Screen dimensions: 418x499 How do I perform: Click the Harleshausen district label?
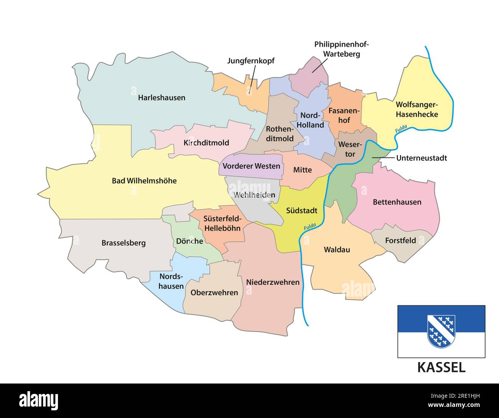click(162, 98)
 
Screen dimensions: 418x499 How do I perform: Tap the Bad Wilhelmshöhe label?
click(144, 180)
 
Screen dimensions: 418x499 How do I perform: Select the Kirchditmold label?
click(206, 143)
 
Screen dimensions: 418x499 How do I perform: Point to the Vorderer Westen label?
click(251, 166)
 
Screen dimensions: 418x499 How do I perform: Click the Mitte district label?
click(302, 170)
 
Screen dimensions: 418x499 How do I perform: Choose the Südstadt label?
click(302, 210)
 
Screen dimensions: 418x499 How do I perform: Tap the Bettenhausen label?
click(397, 202)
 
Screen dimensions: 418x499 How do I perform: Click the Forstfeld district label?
click(400, 241)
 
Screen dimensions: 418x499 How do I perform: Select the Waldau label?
click(337, 250)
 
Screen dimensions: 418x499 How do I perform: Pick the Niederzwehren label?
click(273, 282)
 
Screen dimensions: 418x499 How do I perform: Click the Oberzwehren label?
click(214, 293)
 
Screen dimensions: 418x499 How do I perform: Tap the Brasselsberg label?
click(124, 243)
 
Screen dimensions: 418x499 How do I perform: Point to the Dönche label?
click(190, 241)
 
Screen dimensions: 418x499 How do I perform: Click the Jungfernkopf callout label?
click(251, 61)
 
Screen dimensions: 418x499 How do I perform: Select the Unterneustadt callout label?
click(421, 158)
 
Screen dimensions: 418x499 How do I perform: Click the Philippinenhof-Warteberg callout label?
click(341, 49)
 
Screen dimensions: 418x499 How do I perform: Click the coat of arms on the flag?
click(441, 331)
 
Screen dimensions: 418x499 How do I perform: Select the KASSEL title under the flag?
click(441, 367)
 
